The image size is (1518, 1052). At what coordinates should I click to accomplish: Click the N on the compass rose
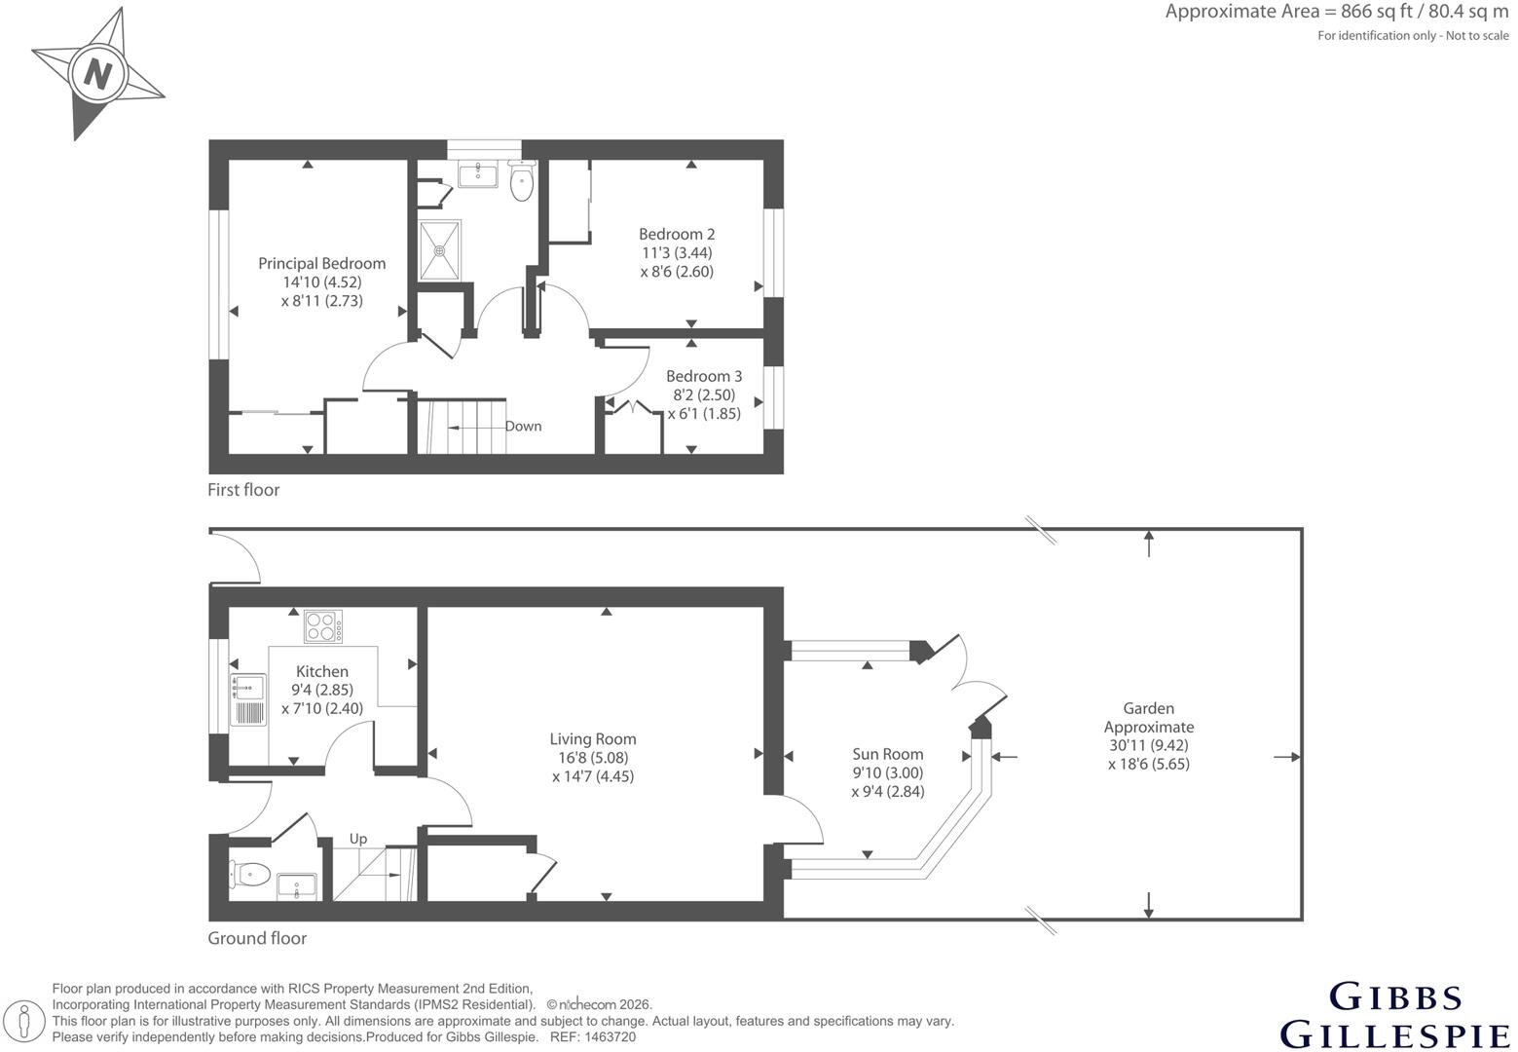(x=97, y=74)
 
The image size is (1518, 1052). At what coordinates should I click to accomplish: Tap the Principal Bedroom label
(x=322, y=264)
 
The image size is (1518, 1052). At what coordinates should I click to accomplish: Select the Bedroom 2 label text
(x=677, y=235)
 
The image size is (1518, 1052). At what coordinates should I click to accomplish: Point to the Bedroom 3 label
(x=703, y=376)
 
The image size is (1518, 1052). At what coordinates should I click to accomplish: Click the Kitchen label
(x=322, y=672)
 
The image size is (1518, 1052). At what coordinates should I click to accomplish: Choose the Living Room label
(x=592, y=739)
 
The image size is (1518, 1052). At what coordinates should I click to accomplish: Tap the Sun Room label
(x=887, y=755)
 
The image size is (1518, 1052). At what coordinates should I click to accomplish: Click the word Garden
(x=1148, y=708)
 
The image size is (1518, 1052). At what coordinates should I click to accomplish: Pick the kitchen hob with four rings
(x=323, y=626)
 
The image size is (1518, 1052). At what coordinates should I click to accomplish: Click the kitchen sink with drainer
(x=247, y=700)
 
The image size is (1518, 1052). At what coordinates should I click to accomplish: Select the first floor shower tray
(x=440, y=250)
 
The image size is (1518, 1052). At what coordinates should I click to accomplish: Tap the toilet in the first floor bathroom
(x=521, y=181)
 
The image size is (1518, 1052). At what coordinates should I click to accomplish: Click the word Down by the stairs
(x=523, y=427)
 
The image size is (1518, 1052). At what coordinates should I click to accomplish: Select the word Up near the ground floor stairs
(x=357, y=839)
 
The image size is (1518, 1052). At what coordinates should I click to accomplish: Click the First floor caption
(x=243, y=490)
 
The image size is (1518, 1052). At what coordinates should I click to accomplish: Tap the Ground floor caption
(x=257, y=938)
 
